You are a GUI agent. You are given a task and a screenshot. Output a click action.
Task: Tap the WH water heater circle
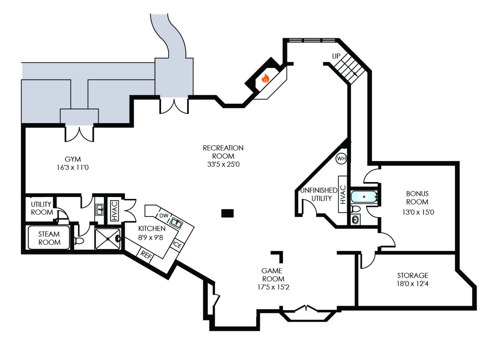click(x=341, y=159)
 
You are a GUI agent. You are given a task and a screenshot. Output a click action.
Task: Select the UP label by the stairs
click(x=336, y=56)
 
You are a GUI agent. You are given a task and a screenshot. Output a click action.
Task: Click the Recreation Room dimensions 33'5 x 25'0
click(x=223, y=164)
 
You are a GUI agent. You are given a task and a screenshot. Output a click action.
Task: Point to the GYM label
click(x=73, y=159)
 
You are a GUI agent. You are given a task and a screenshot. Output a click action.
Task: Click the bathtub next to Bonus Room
click(x=364, y=197)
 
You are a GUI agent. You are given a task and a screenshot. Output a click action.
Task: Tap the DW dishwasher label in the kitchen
click(x=164, y=215)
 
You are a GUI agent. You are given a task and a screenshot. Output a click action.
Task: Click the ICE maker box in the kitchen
click(x=177, y=245)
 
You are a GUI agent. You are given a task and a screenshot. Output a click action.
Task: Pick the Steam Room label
click(x=49, y=238)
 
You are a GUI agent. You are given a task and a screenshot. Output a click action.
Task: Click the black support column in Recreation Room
click(x=227, y=213)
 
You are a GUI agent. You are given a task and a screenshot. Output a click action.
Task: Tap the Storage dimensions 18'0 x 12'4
click(x=412, y=284)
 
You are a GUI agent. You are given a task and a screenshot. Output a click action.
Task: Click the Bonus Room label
click(x=417, y=198)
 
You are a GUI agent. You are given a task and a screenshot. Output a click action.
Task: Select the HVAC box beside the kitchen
click(x=114, y=211)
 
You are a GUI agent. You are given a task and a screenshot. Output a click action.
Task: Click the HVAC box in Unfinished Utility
click(x=343, y=194)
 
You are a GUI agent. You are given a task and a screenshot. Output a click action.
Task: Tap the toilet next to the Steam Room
click(x=79, y=241)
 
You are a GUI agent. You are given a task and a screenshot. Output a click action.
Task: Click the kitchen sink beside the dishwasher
click(x=176, y=222)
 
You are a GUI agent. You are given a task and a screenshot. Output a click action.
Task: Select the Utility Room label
click(x=42, y=208)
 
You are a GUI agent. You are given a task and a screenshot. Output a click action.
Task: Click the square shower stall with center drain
click(x=108, y=239)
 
